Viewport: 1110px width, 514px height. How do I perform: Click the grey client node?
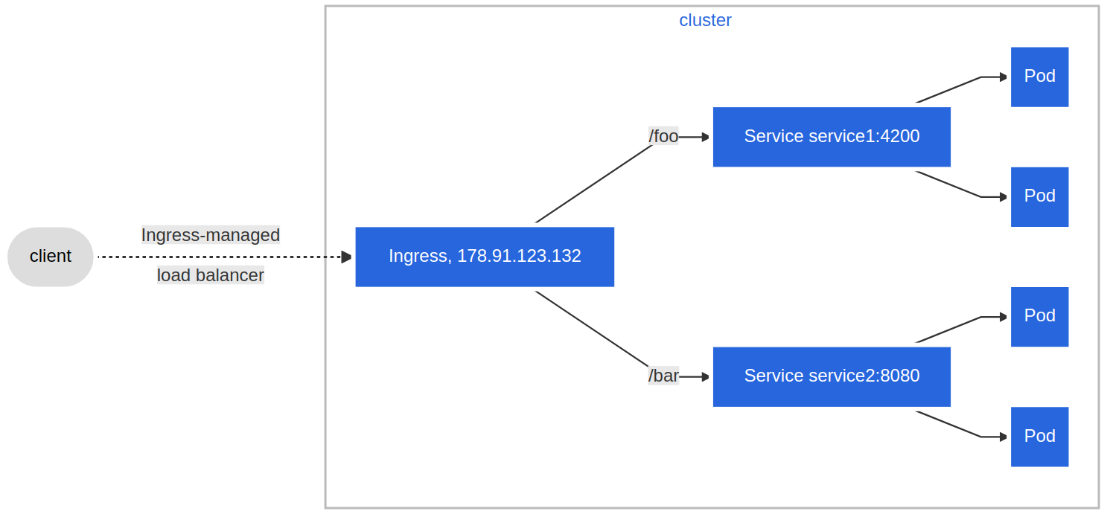pyautogui.click(x=51, y=257)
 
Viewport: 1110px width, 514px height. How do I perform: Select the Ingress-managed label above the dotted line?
pyautogui.click(x=211, y=235)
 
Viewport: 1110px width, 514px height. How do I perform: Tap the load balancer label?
pyautogui.click(x=211, y=275)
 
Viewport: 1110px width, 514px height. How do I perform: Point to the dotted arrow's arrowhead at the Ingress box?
pyautogui.click(x=347, y=257)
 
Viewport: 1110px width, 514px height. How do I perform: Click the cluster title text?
pyautogui.click(x=705, y=20)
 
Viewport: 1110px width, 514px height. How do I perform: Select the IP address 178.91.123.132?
pyautogui.click(x=519, y=256)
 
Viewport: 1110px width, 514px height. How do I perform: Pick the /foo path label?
pyautogui.click(x=663, y=136)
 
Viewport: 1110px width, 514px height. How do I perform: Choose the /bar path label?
pyautogui.click(x=663, y=376)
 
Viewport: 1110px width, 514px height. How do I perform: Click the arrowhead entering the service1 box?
pyautogui.click(x=706, y=137)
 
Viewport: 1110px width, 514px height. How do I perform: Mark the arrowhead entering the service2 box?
pyautogui.click(x=706, y=377)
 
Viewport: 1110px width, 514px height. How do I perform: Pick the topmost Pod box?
pyautogui.click(x=1039, y=77)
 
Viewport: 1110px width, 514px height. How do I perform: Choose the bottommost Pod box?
pyautogui.click(x=1039, y=437)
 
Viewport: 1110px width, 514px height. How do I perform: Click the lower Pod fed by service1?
pyautogui.click(x=1039, y=197)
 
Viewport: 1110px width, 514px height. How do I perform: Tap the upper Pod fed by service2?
pyautogui.click(x=1039, y=317)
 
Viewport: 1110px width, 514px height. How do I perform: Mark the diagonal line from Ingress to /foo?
pyautogui.click(x=593, y=184)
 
